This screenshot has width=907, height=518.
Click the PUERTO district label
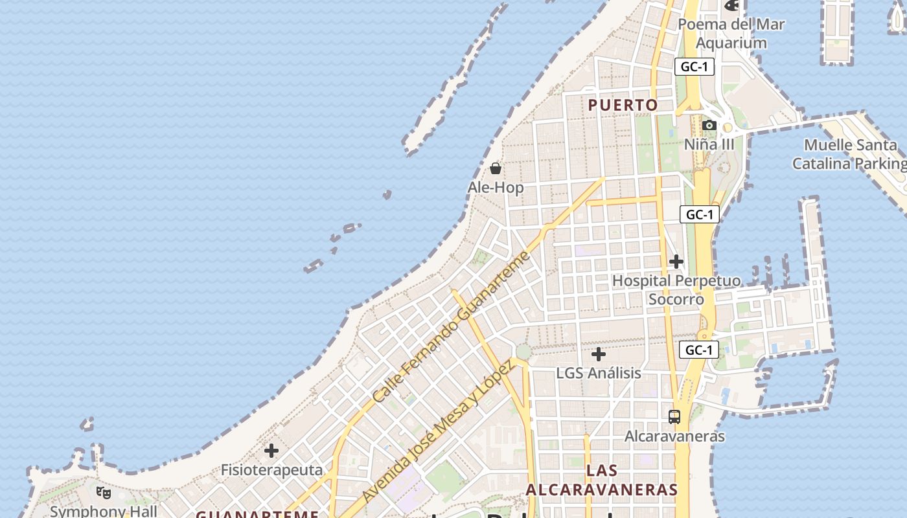click(623, 105)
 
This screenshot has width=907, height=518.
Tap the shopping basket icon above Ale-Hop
click(496, 169)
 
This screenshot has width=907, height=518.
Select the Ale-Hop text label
click(496, 188)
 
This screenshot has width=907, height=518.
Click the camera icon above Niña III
click(709, 125)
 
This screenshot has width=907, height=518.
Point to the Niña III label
click(709, 144)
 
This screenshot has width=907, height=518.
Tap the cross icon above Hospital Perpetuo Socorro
click(676, 262)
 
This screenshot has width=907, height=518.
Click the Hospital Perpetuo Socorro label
click(676, 290)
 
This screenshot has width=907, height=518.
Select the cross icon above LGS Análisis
click(599, 354)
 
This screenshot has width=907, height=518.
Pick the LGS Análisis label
click(599, 373)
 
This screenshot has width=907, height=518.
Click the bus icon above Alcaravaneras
click(674, 417)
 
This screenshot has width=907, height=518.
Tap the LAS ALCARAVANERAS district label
click(602, 480)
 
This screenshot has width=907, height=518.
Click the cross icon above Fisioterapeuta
click(271, 450)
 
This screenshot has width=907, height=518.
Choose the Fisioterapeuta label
click(271, 469)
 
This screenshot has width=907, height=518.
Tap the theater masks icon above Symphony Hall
click(104, 493)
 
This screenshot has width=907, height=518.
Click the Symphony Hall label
click(104, 512)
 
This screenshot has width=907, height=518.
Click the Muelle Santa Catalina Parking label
click(849, 154)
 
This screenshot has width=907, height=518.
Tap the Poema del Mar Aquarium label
click(731, 34)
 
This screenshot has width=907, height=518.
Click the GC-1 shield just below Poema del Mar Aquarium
click(694, 67)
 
